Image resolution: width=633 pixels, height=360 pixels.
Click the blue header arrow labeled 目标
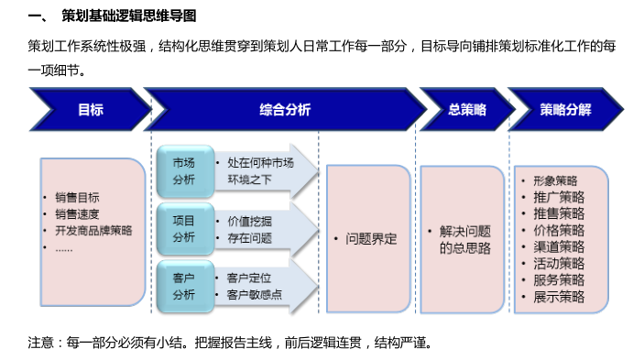90,110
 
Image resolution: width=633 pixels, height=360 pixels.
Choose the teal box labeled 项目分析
183,228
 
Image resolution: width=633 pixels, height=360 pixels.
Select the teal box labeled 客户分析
183,285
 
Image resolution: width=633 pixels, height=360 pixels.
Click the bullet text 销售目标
77,198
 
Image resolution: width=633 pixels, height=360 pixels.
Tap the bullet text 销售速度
77,214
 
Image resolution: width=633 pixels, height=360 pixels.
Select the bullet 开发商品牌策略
93,231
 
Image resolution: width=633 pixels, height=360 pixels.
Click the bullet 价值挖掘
249,221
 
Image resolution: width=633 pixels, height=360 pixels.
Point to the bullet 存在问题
249,237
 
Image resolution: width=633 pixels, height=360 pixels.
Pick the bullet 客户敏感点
254,294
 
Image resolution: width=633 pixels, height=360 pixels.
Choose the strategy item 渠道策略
559,246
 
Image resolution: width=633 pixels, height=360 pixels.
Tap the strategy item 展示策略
559,296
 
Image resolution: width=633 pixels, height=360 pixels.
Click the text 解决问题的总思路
464,239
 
